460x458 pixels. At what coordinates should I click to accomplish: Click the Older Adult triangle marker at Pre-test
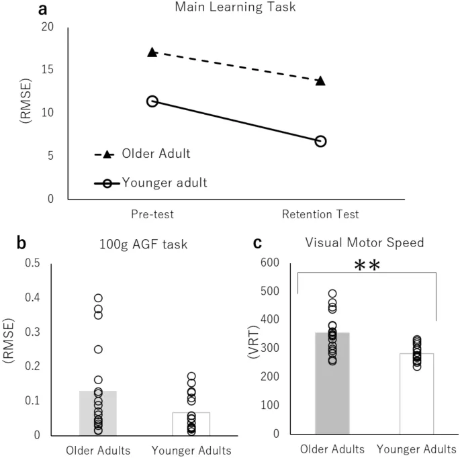(152, 52)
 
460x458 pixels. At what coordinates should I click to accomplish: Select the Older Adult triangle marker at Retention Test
(320, 81)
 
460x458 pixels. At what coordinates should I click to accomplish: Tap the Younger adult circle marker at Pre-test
(152, 101)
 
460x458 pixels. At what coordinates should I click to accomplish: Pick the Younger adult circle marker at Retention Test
(320, 141)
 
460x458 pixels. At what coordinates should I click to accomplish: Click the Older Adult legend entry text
(156, 154)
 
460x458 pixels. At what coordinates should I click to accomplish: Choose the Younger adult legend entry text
(165, 181)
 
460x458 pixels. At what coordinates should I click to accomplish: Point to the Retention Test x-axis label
(320, 214)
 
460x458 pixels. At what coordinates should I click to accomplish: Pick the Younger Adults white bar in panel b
(191, 423)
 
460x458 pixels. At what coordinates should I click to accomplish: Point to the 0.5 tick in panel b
(32, 263)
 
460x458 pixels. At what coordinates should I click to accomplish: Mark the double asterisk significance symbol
(367, 266)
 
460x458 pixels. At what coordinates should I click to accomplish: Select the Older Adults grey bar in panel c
(332, 383)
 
